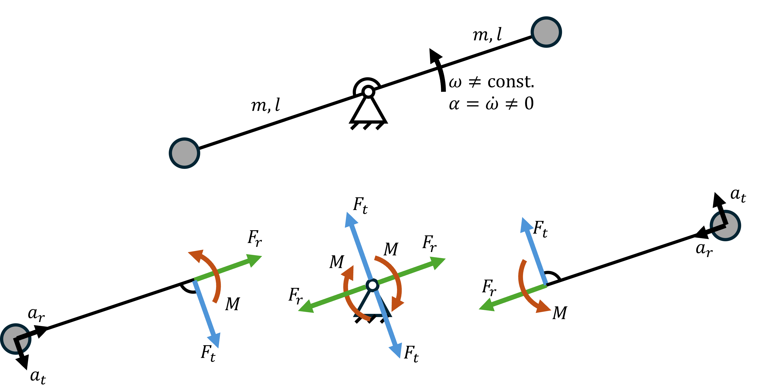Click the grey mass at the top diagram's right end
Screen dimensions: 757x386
pyautogui.click(x=546, y=32)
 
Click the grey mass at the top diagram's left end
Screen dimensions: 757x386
pyautogui.click(x=184, y=153)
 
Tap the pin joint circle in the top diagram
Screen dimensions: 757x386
pyautogui.click(x=368, y=92)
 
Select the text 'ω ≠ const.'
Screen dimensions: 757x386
pyautogui.click(x=491, y=82)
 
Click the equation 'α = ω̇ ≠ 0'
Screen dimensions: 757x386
pyautogui.click(x=491, y=103)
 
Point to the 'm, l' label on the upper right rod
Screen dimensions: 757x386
pyautogui.click(x=487, y=35)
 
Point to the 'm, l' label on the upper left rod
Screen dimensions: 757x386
pyautogui.click(x=265, y=105)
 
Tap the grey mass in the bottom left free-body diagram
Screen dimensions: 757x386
pyautogui.click(x=16, y=339)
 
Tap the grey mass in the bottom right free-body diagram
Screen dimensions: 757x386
pyautogui.click(x=725, y=225)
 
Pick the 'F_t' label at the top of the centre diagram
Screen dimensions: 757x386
pyautogui.click(x=360, y=205)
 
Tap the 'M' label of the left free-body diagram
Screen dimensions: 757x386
pyautogui.click(x=232, y=304)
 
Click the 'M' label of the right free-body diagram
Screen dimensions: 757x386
pyautogui.click(x=560, y=313)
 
